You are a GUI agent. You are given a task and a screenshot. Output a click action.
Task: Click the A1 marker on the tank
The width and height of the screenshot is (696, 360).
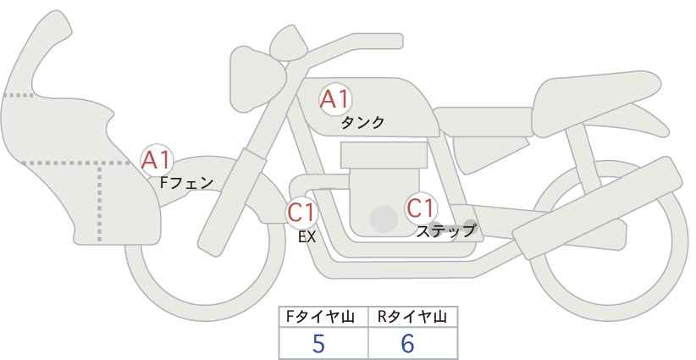(334, 100)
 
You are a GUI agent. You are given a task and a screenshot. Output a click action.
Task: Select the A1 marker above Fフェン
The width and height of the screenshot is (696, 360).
(157, 159)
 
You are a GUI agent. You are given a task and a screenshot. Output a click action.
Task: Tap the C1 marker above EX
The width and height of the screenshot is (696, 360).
(301, 211)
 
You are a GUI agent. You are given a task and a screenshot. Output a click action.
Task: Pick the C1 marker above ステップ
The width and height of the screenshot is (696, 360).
(421, 208)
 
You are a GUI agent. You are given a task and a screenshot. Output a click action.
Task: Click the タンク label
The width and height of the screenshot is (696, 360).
(362, 123)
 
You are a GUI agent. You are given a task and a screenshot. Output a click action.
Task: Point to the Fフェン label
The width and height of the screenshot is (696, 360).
(186, 181)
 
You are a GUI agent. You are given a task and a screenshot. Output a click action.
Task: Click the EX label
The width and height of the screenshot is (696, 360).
(307, 237)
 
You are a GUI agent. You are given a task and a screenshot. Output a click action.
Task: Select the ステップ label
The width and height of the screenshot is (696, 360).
(446, 230)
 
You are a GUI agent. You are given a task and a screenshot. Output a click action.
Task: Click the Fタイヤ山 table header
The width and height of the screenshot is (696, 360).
(324, 317)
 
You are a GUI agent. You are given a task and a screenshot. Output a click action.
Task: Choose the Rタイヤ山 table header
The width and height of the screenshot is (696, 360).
(412, 317)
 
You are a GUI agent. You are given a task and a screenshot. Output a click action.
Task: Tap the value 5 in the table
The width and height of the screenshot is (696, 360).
(318, 343)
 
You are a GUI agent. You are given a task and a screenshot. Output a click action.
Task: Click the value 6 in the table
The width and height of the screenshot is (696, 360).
(408, 343)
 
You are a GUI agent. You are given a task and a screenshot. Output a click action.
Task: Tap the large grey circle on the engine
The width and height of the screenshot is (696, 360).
(384, 219)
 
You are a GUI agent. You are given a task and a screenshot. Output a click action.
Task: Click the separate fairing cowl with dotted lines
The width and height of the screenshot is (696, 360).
(76, 152)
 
